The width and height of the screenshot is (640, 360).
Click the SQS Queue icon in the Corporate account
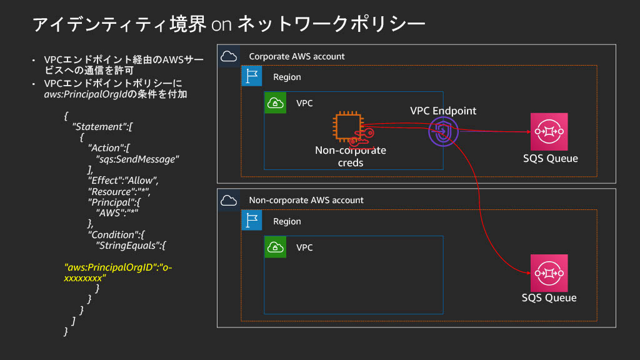(549, 131)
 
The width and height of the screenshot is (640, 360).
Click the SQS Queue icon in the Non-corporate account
(549, 272)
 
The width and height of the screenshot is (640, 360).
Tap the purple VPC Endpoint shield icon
(443, 132)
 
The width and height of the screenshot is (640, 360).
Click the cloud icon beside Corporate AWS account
(229, 56)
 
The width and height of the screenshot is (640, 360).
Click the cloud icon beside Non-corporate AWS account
(229, 200)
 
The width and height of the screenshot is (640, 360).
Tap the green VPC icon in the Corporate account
(276, 103)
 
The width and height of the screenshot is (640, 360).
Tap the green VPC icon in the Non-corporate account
(276, 247)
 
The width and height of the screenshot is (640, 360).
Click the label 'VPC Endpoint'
(443, 111)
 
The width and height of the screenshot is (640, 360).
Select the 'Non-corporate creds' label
(350, 156)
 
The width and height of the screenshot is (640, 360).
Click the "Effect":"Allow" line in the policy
(122, 181)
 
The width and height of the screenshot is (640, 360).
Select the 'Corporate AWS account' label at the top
(297, 56)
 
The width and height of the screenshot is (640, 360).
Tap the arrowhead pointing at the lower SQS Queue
(527, 272)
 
